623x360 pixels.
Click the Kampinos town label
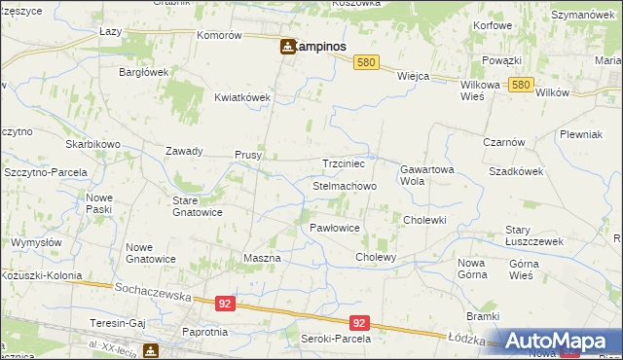(322, 46)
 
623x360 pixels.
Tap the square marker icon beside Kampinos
(288, 46)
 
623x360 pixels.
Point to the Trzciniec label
(344, 164)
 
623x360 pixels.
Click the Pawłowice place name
(335, 227)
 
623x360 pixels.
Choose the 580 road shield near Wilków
(522, 86)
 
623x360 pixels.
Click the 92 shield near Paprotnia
(226, 304)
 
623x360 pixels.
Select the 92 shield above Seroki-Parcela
(359, 323)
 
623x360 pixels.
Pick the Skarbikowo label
(93, 144)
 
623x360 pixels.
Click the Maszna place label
(261, 258)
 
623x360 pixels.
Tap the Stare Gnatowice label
(198, 206)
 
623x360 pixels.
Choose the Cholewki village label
(424, 220)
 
